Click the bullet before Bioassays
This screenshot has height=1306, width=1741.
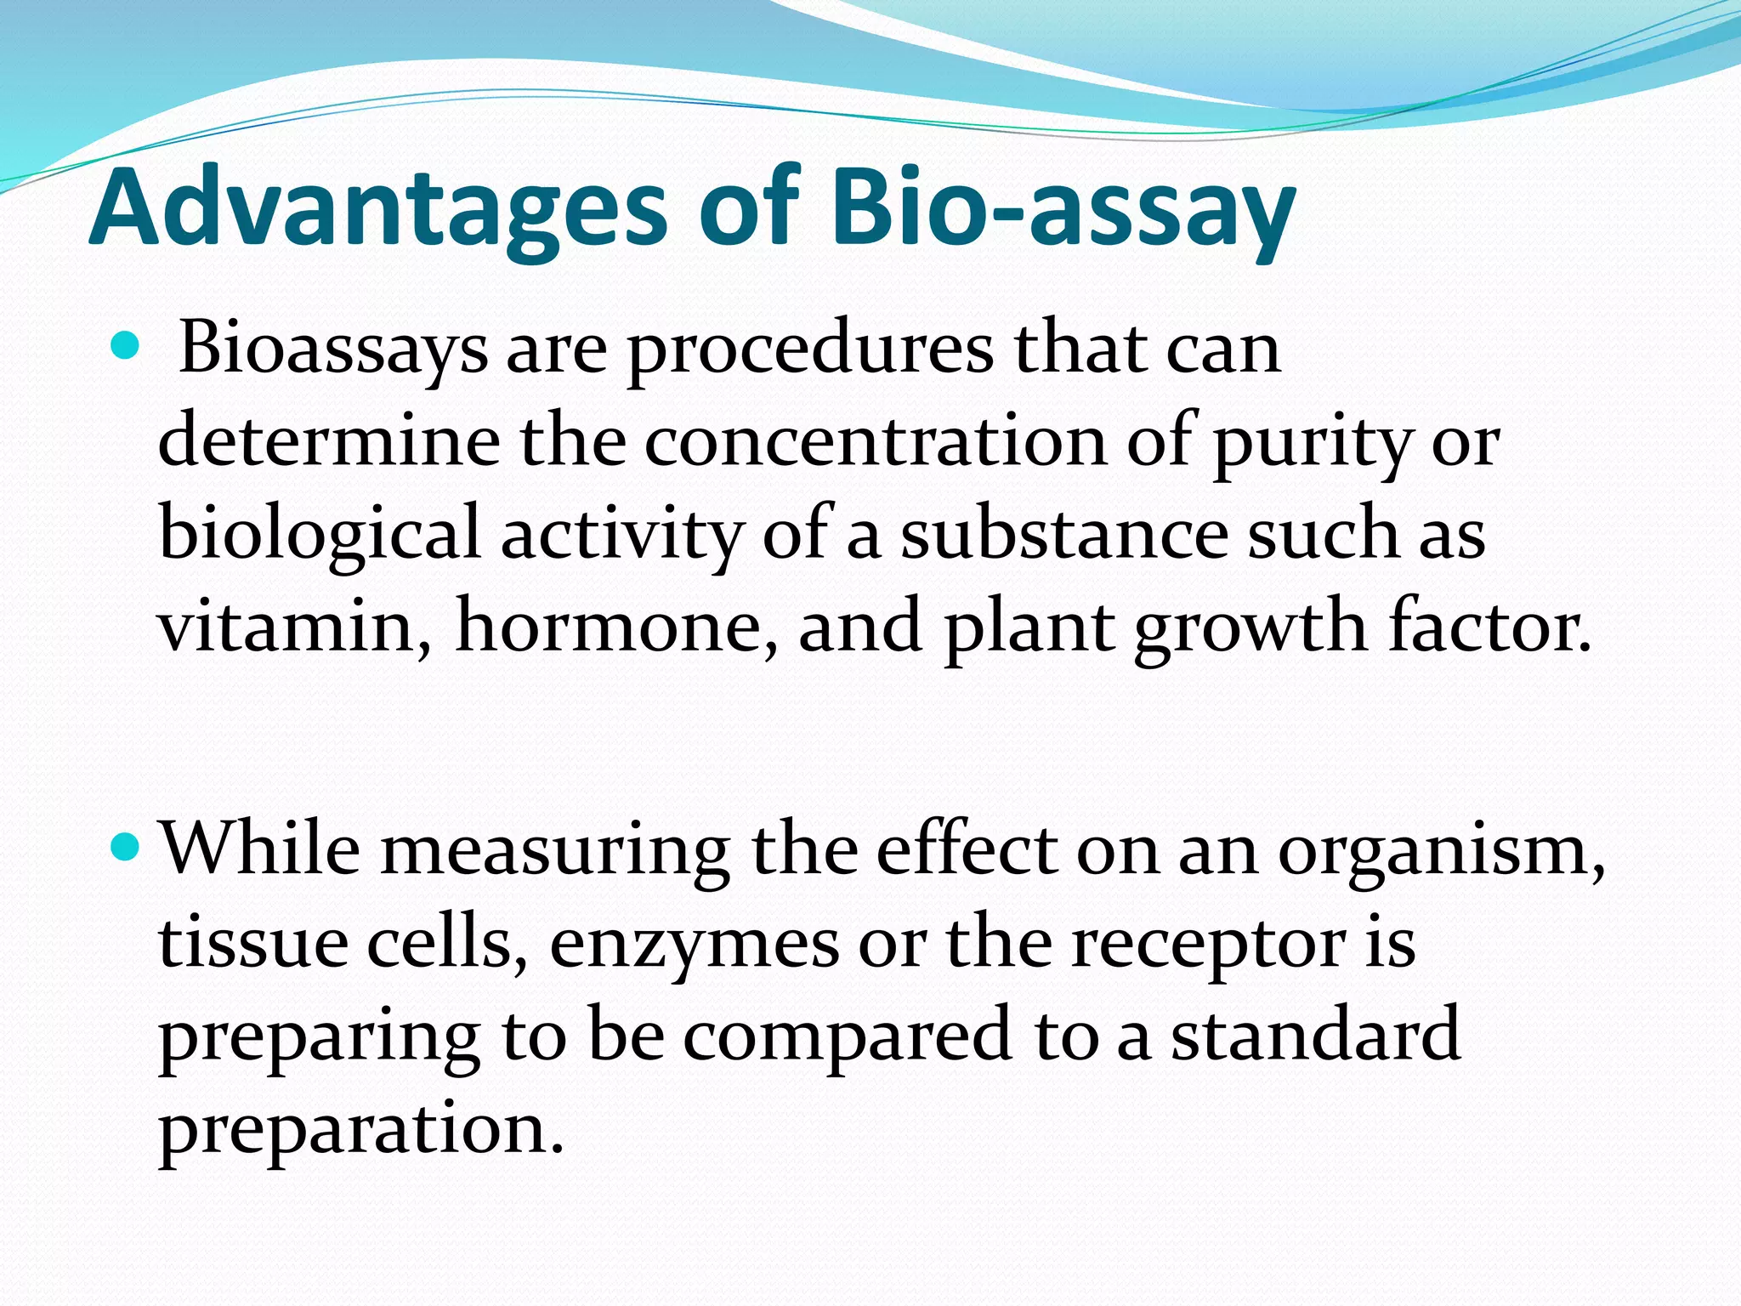pos(124,345)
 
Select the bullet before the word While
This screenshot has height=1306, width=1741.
pos(124,846)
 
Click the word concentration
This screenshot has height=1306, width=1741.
pos(876,442)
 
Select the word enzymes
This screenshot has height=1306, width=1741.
pos(694,945)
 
